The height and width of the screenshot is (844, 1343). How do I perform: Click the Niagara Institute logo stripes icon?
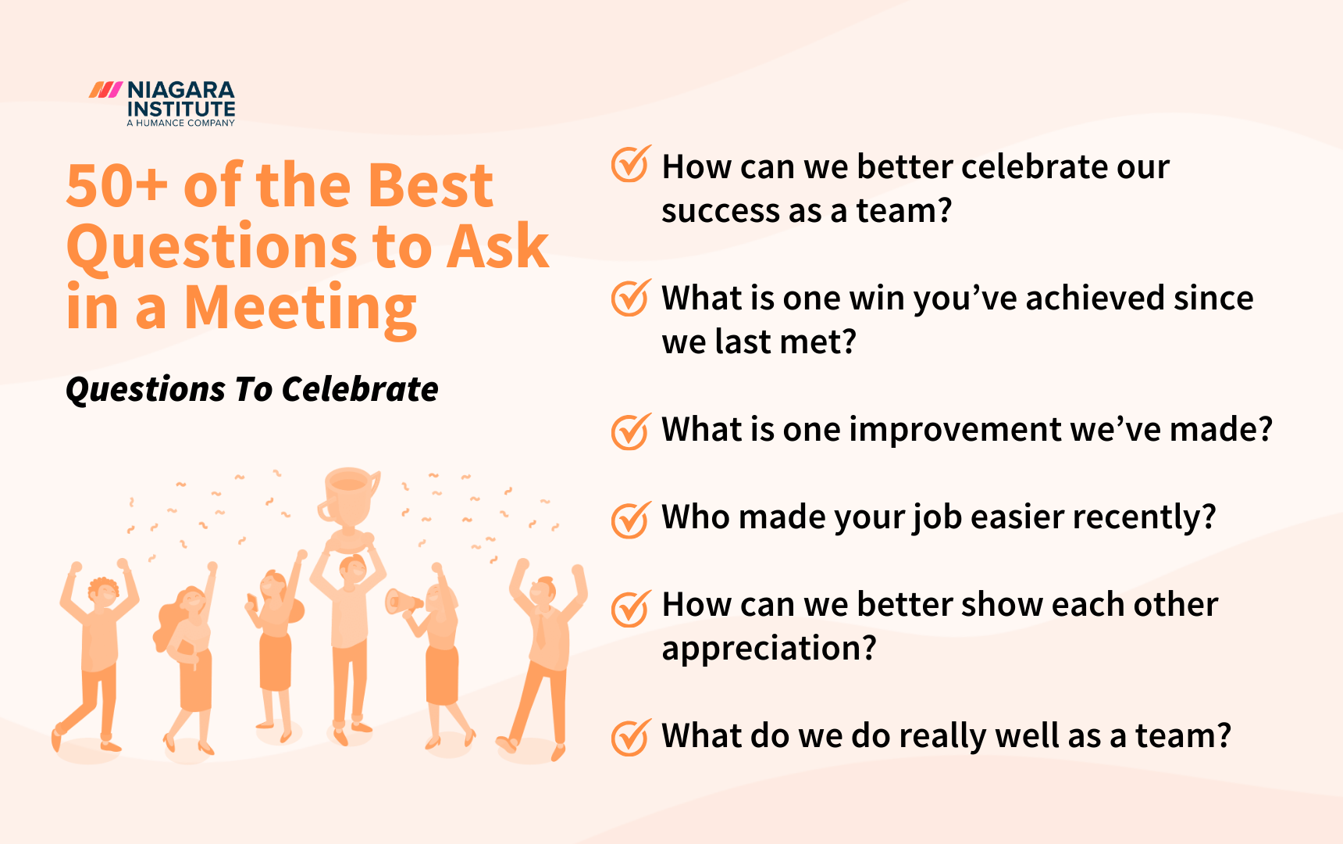pos(105,90)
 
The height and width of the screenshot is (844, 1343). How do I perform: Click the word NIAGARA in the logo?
pos(180,90)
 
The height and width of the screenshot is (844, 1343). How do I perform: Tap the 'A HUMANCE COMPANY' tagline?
pos(180,123)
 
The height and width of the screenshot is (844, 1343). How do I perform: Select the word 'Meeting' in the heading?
pos(300,308)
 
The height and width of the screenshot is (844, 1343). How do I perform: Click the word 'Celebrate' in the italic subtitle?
pos(360,389)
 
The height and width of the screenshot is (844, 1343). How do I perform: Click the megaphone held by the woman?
pos(402,603)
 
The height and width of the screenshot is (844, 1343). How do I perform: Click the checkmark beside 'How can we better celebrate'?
pos(630,164)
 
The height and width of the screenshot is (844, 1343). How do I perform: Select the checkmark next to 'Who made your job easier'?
pos(630,520)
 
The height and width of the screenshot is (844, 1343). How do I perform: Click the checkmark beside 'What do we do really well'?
pos(630,738)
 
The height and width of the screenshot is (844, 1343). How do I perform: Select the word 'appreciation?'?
pos(769,649)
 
